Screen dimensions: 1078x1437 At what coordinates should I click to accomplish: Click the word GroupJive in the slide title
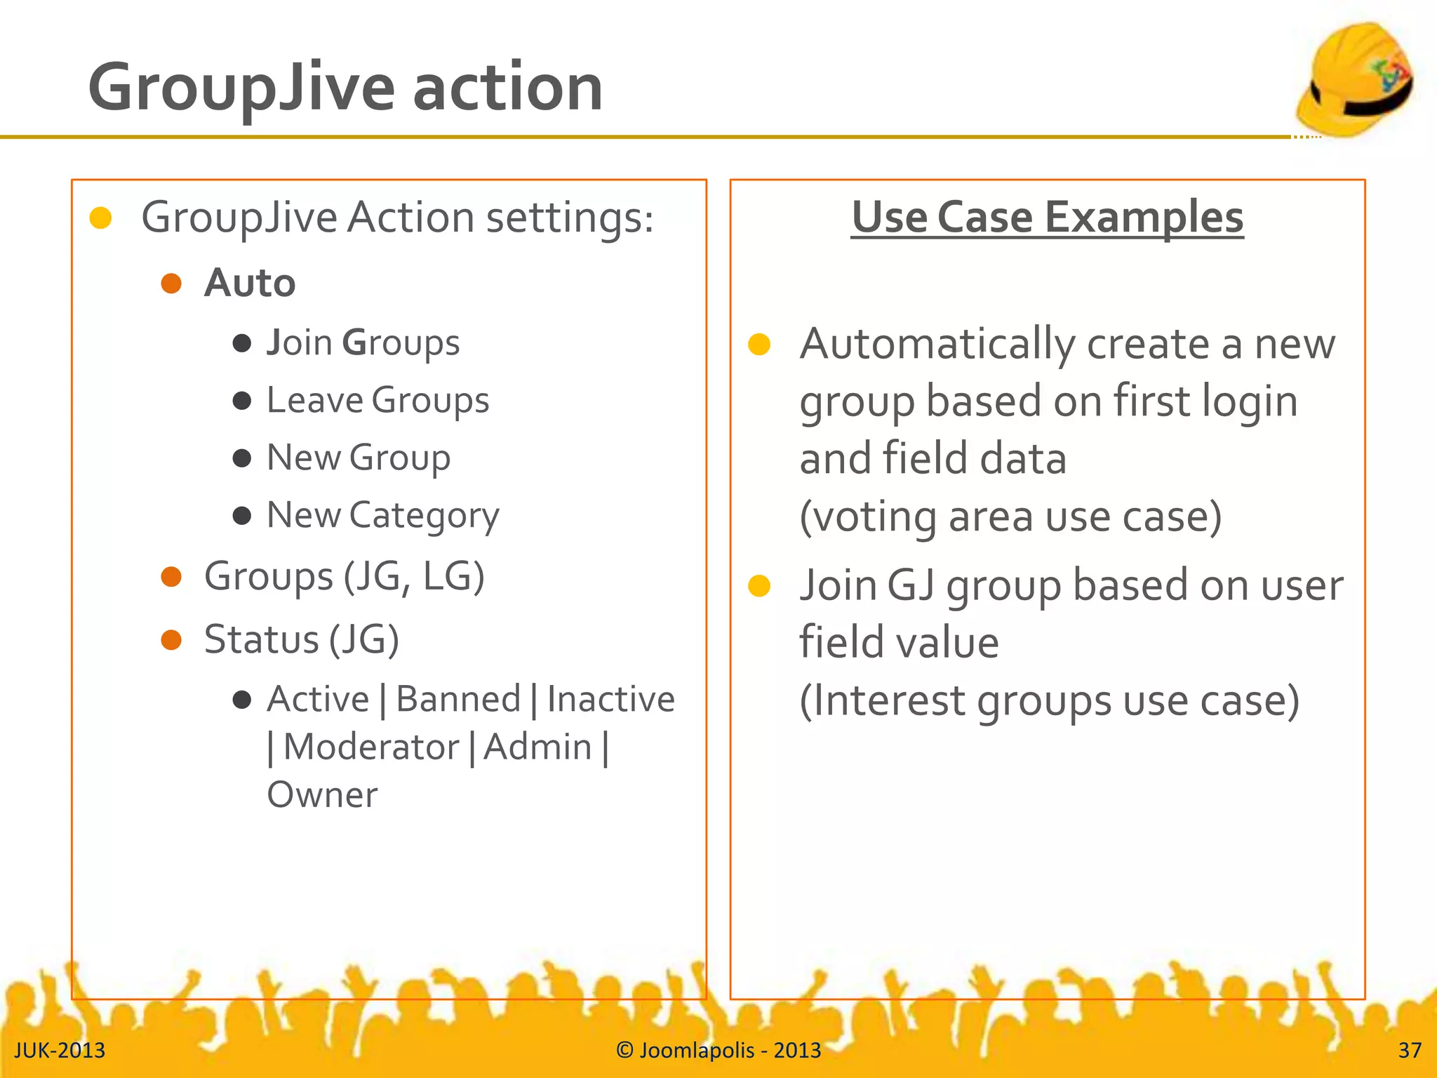241,88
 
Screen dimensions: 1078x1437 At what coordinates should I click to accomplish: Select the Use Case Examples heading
1047,218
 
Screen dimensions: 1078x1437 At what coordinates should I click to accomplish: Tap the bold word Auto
250,284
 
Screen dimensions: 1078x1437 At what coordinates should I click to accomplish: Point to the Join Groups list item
363,343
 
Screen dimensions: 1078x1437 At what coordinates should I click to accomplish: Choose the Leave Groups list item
377,401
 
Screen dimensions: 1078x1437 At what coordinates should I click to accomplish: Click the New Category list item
382,516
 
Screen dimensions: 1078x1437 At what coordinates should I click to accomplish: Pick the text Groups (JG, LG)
344,577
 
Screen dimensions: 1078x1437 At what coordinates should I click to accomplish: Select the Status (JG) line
301,639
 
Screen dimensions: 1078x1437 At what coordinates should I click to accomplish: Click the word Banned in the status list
458,700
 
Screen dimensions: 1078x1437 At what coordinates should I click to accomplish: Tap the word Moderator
371,747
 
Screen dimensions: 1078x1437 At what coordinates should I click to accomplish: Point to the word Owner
322,795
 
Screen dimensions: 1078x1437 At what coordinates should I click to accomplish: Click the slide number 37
1410,1050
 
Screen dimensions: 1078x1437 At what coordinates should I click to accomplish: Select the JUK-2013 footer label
60,1050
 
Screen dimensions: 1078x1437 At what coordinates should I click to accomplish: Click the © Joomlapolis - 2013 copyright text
718,1050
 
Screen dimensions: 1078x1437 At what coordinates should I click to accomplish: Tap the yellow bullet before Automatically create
759,345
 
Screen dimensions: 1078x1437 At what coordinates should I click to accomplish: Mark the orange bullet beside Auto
171,284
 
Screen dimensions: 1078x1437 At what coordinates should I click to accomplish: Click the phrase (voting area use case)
1010,517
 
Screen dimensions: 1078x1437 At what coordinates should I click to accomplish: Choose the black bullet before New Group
242,458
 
